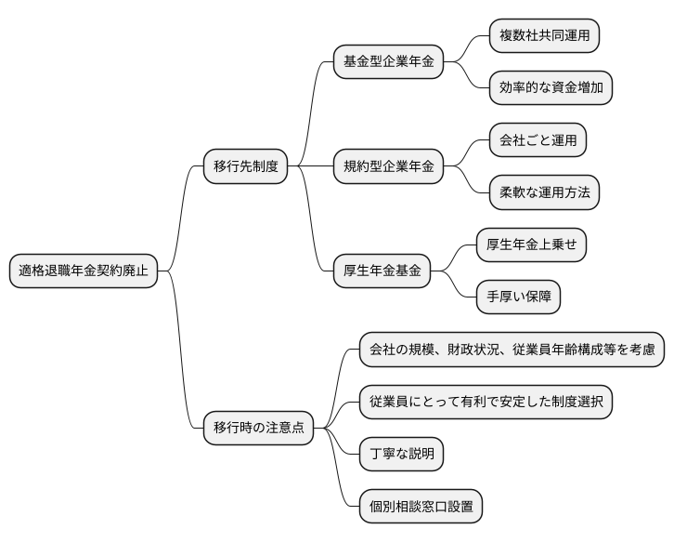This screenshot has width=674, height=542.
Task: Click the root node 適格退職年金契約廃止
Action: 83,271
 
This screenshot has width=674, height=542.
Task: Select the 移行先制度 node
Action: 245,167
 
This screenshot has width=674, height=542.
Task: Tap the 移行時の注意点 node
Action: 258,429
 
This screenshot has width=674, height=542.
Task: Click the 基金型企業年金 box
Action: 388,62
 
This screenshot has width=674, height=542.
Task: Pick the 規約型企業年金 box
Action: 388,167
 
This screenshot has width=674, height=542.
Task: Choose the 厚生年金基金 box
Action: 382,271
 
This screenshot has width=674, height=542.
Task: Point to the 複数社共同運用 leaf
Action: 544,36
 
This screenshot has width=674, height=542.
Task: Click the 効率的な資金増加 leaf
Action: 551,88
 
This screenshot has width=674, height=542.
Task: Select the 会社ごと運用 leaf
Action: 538,140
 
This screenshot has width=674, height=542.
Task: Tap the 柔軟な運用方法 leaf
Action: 544,192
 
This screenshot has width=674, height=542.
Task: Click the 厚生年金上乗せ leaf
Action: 531,245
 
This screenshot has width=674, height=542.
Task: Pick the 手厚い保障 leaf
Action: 518,297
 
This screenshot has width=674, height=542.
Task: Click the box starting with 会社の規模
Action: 512,350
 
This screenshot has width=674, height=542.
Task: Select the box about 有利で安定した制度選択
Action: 486,403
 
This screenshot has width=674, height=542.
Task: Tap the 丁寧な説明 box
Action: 401,455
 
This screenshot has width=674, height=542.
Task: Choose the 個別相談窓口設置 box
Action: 421,507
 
